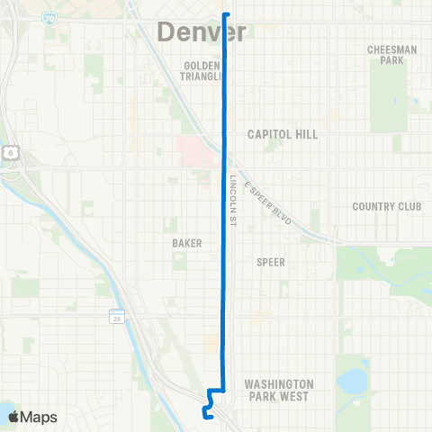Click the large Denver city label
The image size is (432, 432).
(202, 32)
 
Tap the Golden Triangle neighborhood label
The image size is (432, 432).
(202, 71)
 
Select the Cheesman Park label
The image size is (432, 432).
(392, 55)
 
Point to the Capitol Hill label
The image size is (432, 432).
(283, 133)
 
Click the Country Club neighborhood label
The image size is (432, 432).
(387, 206)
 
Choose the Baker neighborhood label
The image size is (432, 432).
(186, 243)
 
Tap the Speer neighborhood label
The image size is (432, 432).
(271, 262)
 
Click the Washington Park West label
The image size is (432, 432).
(278, 390)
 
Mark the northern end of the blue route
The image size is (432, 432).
(225, 14)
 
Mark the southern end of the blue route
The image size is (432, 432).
(206, 416)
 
